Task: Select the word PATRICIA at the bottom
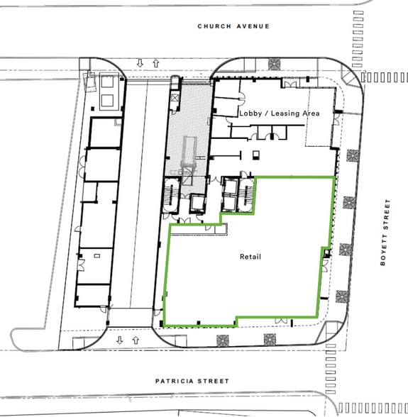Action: click(175, 381)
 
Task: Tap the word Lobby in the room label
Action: click(250, 113)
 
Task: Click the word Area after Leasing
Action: click(311, 113)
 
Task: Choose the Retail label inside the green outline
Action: click(250, 256)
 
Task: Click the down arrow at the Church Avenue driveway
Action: click(140, 63)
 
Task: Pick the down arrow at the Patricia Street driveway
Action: click(120, 340)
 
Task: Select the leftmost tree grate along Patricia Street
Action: click(226, 338)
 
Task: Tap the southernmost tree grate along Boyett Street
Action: click(341, 296)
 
